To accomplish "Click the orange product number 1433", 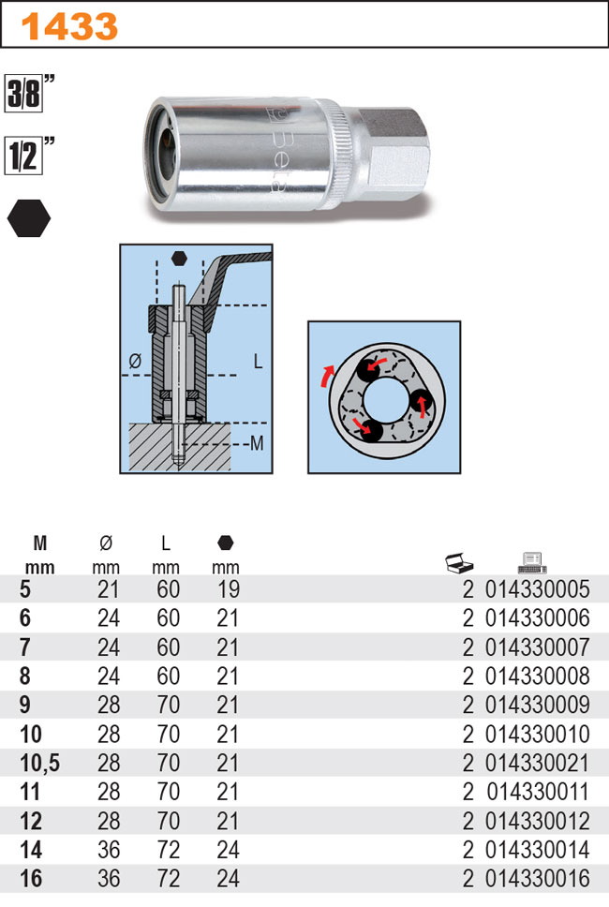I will click(x=71, y=26).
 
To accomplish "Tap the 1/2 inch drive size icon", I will click(x=29, y=153).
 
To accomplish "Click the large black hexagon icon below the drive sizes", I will click(x=29, y=217).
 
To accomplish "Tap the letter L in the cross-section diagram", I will click(x=259, y=360).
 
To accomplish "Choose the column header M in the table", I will click(x=39, y=543).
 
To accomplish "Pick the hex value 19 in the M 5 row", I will click(x=228, y=590).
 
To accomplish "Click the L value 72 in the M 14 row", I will click(x=166, y=851).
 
